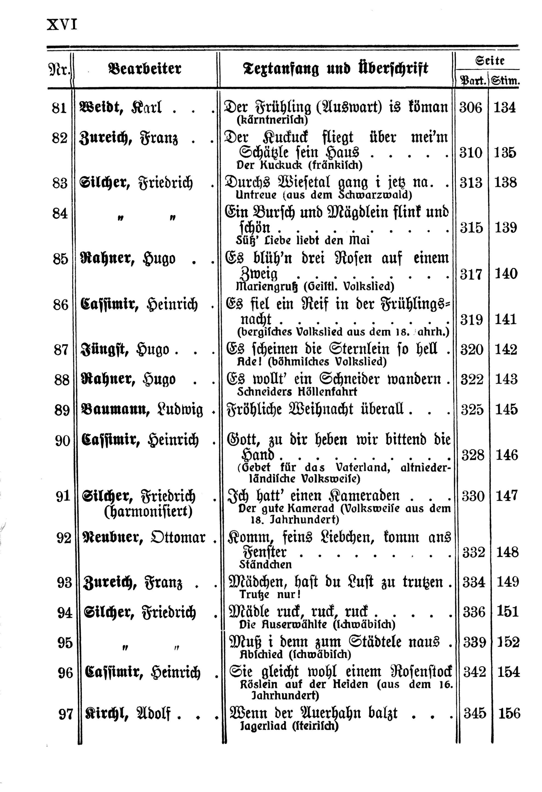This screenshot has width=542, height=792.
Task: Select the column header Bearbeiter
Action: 145,69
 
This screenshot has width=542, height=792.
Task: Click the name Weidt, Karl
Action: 120,107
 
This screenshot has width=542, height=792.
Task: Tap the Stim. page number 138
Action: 506,183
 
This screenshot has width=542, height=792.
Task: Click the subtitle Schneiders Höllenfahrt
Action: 297,392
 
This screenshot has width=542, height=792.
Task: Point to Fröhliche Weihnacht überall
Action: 315,409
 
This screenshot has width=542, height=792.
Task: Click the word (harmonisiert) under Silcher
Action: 148,512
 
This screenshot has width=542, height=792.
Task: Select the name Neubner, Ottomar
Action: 145,538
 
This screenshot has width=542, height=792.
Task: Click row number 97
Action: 66,714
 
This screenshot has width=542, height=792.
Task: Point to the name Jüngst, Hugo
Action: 125,350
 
